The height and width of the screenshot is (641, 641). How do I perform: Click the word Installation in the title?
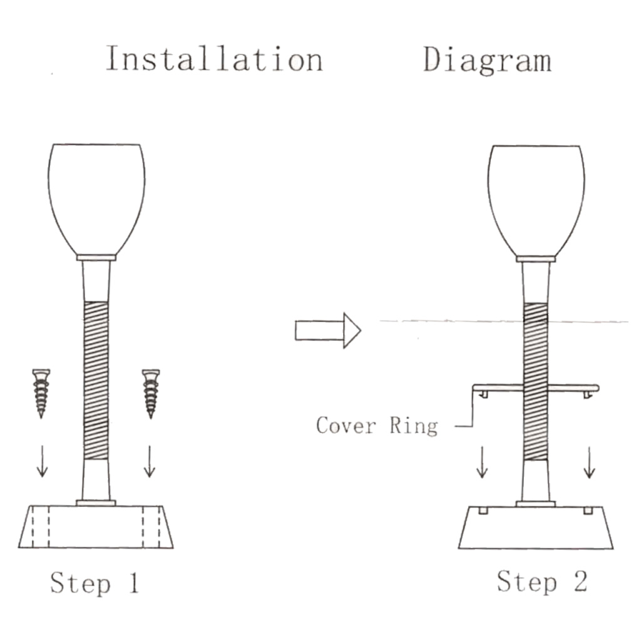215,59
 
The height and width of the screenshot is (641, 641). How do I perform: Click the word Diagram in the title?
487,61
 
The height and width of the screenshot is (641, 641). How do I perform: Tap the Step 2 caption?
542,582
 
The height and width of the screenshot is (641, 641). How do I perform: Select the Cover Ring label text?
377,426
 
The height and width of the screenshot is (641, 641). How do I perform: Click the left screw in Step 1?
41,393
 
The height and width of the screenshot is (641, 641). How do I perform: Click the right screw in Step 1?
151,394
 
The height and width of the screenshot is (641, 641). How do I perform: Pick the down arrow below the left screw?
42,461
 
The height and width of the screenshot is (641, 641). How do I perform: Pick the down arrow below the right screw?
150,461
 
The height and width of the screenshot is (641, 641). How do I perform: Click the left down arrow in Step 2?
482,462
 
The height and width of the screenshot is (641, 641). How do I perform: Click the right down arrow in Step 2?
589,462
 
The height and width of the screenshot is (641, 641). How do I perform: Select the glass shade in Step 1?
96,199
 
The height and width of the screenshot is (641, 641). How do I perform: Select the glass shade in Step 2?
536,200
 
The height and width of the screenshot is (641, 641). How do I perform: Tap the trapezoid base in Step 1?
96,527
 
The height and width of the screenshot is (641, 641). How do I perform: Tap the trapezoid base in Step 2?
536,528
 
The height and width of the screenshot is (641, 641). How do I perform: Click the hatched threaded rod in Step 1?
96,380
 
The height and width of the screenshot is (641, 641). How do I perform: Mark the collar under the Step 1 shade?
96,257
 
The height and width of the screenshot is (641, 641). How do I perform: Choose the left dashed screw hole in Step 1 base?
41,527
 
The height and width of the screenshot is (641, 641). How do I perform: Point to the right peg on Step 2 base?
588,511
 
